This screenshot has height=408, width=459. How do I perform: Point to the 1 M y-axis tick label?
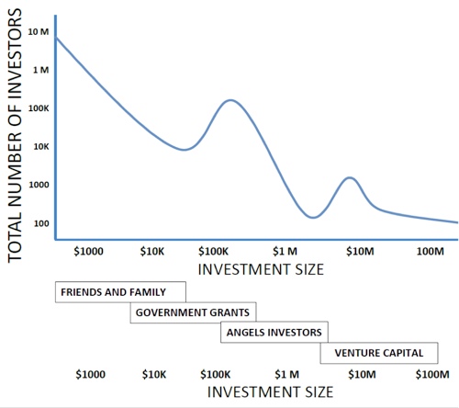pos(39,70)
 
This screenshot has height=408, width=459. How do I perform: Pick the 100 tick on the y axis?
pos(41,223)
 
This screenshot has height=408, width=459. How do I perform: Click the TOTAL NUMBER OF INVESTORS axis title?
pos(16,139)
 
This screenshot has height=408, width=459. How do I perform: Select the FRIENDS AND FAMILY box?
pos(119,292)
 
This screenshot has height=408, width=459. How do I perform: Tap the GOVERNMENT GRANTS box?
pos(193,312)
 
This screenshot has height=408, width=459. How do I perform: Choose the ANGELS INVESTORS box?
pos(274,332)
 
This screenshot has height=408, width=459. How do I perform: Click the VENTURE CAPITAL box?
pos(378,352)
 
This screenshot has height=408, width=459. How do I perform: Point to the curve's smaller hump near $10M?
pos(349,177)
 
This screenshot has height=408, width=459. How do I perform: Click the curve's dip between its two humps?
pos(313,218)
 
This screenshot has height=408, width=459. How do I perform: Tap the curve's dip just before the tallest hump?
pos(185,149)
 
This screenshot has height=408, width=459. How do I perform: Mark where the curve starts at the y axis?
pos(56,37)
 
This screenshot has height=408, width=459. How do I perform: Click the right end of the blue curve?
pos(457,222)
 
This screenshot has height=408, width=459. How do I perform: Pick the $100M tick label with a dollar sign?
pos(431,374)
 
